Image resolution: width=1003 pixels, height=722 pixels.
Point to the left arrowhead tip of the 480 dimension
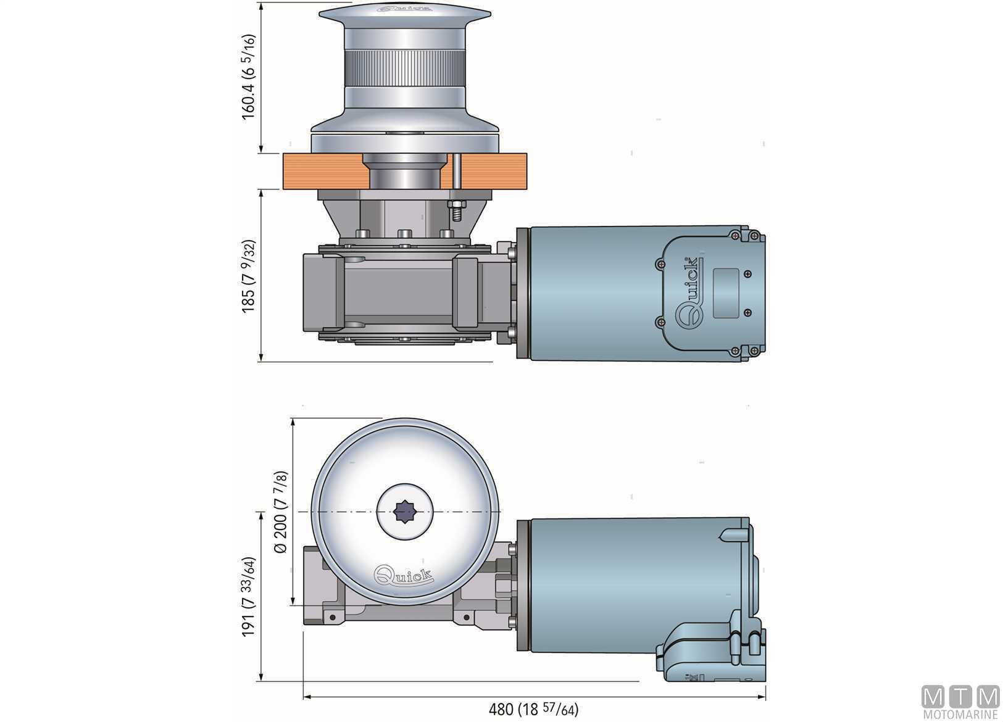pos(304,697)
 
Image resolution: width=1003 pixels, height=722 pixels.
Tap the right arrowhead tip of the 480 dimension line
pos(765,697)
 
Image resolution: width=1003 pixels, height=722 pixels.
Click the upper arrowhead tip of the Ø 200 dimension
pos(293,418)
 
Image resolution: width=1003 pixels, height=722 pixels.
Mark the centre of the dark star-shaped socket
pos(405,512)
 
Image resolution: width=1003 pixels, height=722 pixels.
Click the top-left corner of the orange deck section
pos(283,154)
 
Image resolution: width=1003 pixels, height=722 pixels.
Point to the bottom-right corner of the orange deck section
pos(526,189)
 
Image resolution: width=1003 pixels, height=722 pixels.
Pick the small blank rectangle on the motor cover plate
pos(725,293)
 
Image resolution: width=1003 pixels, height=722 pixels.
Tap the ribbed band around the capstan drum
pos(405,68)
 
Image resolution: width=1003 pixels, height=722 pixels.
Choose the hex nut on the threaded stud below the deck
pos(456,205)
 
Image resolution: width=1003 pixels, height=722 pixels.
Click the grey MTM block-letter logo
pos(960,697)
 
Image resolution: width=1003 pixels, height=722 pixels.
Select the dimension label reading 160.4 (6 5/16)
pos(249,77)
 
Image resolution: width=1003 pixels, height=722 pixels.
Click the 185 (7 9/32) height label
pos(249,276)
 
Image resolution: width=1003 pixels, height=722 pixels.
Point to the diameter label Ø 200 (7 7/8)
pos(280,512)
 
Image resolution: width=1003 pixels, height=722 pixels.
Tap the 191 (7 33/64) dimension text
pos(249,597)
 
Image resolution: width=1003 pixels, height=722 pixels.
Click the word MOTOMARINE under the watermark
pos(961,714)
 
